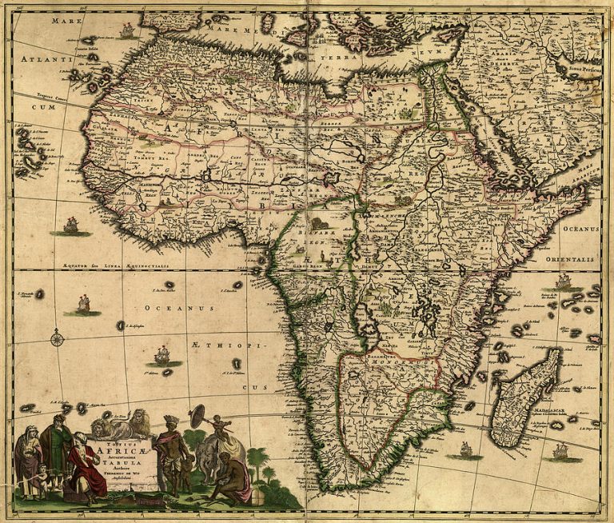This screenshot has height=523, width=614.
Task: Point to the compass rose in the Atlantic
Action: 57,338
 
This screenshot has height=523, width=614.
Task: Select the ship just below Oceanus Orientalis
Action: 563,281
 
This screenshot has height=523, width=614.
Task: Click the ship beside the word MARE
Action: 126,30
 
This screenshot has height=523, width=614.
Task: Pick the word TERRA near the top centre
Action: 336,58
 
